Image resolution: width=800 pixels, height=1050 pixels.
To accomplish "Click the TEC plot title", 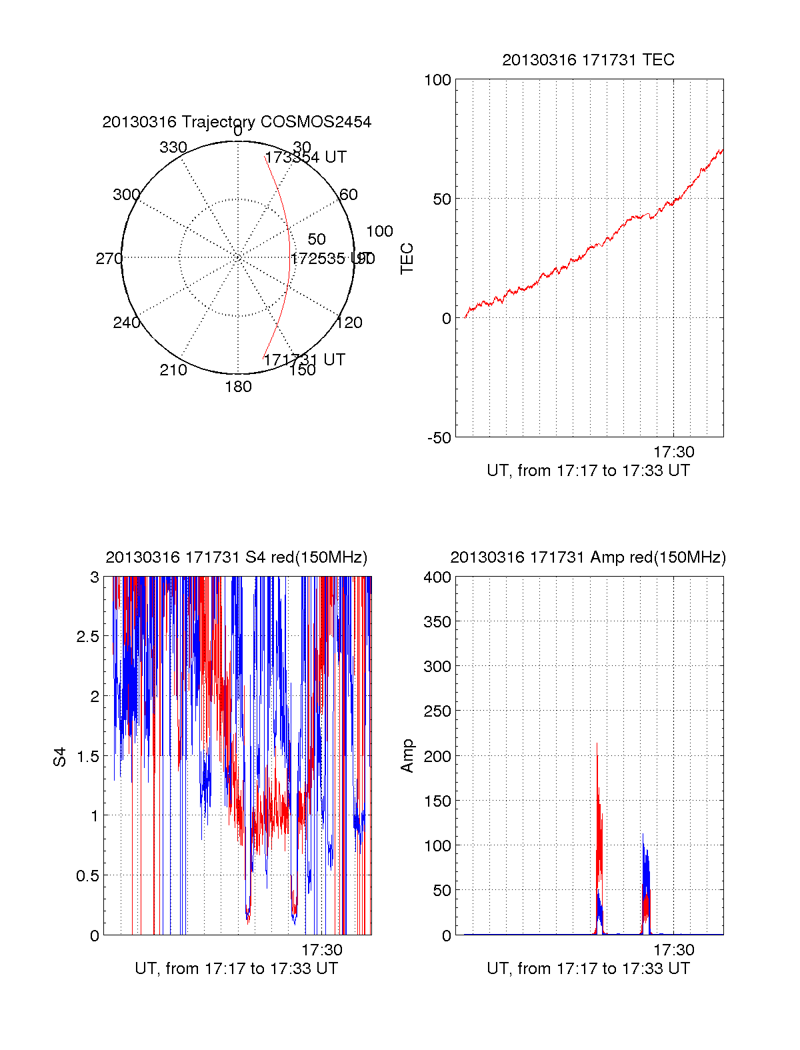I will [x=588, y=60].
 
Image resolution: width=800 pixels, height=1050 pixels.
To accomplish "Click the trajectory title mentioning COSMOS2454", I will [x=237, y=122].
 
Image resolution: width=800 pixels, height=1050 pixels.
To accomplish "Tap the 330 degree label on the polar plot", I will [x=173, y=147].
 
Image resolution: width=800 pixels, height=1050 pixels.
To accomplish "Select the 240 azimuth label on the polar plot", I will [x=126, y=323].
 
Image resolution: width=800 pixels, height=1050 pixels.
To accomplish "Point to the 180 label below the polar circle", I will [x=238, y=387].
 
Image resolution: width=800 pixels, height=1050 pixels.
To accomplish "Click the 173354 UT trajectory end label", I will [x=306, y=157].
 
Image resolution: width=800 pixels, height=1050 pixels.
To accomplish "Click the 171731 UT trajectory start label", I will [x=305, y=360].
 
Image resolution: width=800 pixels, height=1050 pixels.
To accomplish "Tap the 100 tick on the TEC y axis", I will [x=437, y=80].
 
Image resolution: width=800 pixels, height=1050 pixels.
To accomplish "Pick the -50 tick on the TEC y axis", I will [x=439, y=438].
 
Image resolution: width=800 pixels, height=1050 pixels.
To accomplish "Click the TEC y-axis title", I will [x=407, y=259].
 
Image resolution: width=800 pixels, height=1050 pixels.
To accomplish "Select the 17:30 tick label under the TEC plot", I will [x=673, y=452].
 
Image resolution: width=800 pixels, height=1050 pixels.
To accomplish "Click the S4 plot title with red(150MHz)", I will [x=237, y=557].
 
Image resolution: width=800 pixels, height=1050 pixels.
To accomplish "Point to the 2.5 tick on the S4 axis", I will [x=87, y=637].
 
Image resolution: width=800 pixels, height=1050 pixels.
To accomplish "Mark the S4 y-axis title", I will [x=60, y=757].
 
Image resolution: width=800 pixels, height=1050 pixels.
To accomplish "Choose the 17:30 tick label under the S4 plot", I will [x=322, y=950].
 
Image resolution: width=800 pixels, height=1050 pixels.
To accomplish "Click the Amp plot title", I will [x=588, y=557].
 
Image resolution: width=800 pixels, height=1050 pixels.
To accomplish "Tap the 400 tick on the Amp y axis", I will [x=437, y=577].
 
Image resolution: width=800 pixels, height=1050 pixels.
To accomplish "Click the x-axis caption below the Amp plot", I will [x=588, y=969].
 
